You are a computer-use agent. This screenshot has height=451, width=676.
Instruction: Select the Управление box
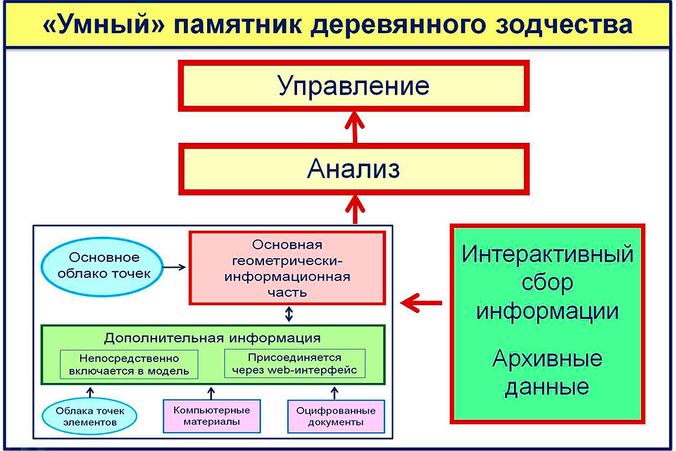coord(353,86)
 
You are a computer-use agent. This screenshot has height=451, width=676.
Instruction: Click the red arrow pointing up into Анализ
coord(353,209)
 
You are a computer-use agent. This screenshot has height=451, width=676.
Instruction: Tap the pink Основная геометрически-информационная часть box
coord(288,268)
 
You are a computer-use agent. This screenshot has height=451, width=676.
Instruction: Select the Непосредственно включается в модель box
coord(129,364)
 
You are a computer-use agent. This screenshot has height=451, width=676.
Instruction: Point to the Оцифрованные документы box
coord(336,416)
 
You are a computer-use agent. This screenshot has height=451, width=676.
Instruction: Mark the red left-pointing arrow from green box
coord(421,303)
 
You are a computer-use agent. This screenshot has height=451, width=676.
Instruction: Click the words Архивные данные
coord(547,373)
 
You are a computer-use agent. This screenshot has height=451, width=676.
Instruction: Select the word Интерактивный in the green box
coord(547,254)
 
